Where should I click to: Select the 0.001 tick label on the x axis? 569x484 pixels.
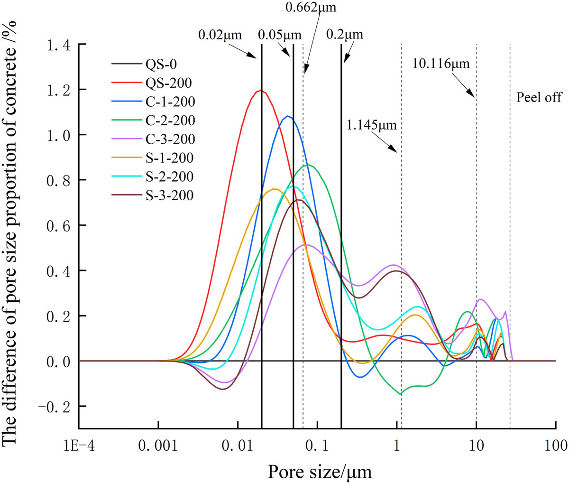[x=159, y=447]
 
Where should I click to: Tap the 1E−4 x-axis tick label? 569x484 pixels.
[x=79, y=447]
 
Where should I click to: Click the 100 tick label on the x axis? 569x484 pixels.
[x=555, y=447]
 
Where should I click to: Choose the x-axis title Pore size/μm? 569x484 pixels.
[x=320, y=472]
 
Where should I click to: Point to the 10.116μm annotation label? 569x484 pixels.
[x=441, y=63]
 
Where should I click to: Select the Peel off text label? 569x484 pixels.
[x=539, y=97]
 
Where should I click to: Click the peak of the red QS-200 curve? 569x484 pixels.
[x=260, y=90]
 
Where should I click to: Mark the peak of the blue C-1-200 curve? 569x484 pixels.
[x=287, y=116]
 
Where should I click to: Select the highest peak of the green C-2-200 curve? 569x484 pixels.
[x=308, y=165]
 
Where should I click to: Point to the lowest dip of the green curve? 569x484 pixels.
[x=400, y=394]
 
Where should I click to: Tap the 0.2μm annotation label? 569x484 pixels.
[x=345, y=35]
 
